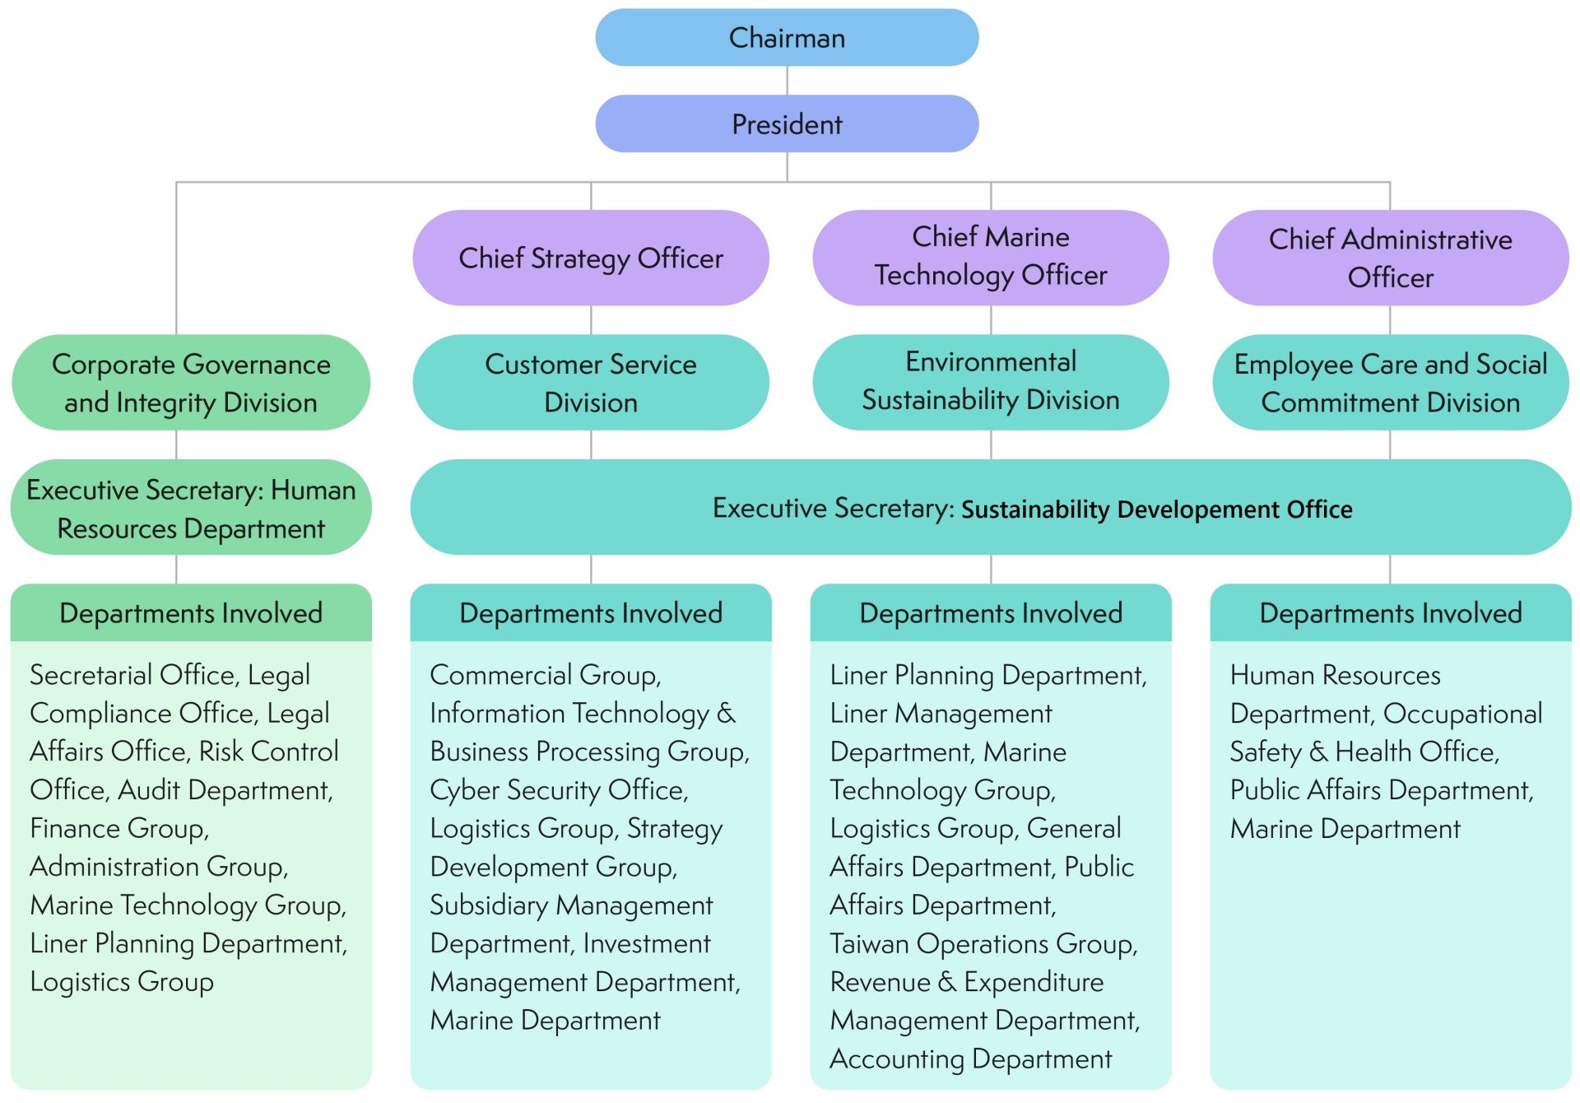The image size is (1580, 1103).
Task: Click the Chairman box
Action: pos(787,38)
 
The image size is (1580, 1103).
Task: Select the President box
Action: pos(787,124)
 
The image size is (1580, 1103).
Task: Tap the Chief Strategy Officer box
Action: pos(591,258)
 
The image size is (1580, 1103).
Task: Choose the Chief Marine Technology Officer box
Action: pos(990,257)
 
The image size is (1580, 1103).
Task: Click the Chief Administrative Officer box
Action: pos(1390,258)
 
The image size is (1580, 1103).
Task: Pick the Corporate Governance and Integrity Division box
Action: pos(191,383)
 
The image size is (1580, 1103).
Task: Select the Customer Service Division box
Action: pos(591,383)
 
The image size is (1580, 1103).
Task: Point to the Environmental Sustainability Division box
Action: pos(990,381)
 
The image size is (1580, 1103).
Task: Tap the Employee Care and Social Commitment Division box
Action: pos(1390,383)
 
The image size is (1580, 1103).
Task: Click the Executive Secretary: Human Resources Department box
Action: pos(191,508)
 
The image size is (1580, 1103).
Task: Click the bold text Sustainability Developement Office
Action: pos(1156,510)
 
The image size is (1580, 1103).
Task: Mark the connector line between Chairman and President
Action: pos(787,81)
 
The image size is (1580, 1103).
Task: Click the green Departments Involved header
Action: pos(191,613)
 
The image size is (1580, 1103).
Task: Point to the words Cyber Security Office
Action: pos(558,790)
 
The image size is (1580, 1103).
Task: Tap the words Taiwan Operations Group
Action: pos(983,944)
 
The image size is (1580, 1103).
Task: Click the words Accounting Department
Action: pos(970,1059)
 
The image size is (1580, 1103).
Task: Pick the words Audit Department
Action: pos(225,790)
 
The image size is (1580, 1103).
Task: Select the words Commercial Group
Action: pos(545,675)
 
